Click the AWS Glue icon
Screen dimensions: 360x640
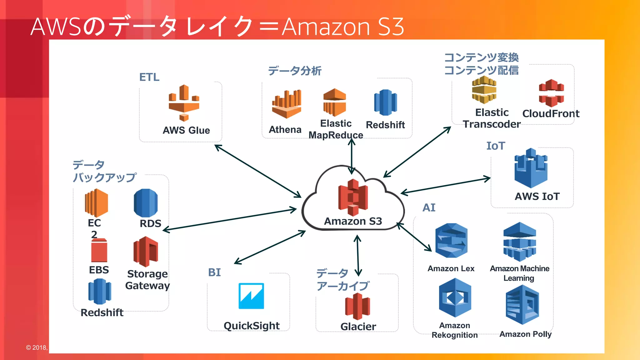point(184,103)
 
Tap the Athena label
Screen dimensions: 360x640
point(285,129)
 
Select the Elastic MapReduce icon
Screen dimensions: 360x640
point(335,102)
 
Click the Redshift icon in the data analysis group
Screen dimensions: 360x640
point(385,102)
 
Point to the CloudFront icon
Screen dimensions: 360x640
point(551,93)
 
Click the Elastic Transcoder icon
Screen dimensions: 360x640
point(484,90)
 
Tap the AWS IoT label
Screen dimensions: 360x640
point(537,196)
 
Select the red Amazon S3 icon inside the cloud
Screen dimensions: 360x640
point(353,197)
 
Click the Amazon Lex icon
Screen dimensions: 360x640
point(451,240)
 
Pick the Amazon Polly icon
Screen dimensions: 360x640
point(522,305)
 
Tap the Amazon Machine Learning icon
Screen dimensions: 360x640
point(520,242)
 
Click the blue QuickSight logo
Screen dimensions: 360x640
point(251,296)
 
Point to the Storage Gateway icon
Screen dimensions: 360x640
point(146,252)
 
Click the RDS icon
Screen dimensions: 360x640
point(146,203)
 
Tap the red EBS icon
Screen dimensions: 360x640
point(99,251)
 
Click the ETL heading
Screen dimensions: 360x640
point(149,77)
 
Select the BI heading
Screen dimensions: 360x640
point(214,272)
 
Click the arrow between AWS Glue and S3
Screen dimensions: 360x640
point(257,171)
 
